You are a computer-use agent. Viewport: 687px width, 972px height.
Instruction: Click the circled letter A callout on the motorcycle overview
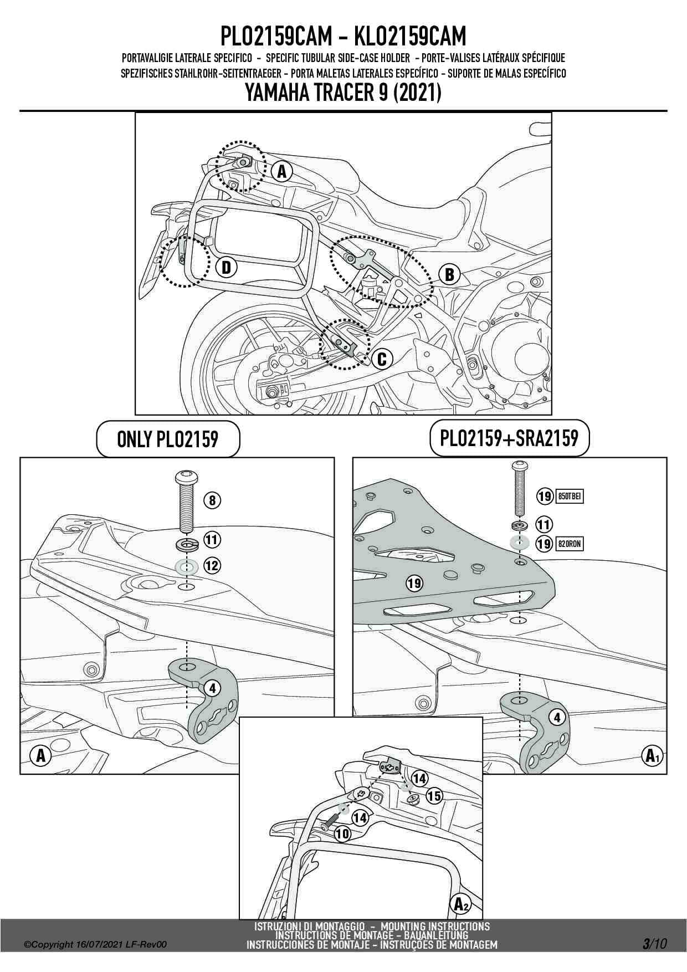coord(281,171)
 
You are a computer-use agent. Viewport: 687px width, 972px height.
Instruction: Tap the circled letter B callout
coord(449,274)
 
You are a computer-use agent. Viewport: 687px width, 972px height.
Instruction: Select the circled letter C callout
coord(382,359)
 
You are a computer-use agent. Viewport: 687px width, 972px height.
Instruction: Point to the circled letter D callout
coord(225,268)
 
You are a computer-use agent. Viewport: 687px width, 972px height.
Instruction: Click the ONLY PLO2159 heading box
coord(168,439)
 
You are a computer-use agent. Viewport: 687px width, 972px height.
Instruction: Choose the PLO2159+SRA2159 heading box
coord(509,438)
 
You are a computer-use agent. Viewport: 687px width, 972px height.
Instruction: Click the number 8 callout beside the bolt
coord(212,500)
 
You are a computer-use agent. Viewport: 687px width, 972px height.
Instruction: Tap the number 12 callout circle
coord(212,566)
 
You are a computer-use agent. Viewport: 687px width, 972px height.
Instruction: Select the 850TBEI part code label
coord(569,496)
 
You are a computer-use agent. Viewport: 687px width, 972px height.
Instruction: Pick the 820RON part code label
coord(569,544)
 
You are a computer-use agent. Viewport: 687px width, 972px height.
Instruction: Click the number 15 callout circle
coord(434,796)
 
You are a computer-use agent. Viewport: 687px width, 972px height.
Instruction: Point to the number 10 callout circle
coord(343,833)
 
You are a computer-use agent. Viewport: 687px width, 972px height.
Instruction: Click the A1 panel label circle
coord(652,755)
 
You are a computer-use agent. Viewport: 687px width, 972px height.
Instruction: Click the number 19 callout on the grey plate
coord(414,583)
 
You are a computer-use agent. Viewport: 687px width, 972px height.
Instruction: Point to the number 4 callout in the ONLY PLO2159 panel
coord(212,689)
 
